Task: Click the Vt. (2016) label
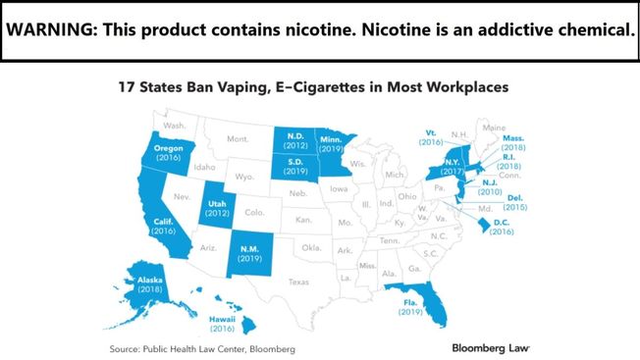point(431,136)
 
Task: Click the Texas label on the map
point(297,281)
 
